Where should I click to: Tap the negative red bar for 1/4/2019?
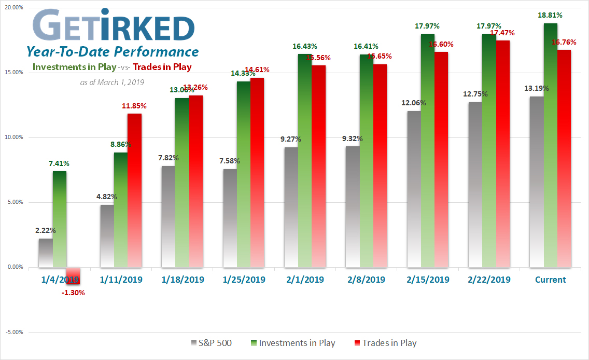[x=73, y=275]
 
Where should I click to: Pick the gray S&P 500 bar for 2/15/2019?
[x=414, y=189]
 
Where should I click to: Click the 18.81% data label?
[x=551, y=16]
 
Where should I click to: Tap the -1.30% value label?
[x=73, y=293]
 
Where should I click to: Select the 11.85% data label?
[x=134, y=106]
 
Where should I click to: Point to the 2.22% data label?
[x=46, y=230]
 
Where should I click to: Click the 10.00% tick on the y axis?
[x=15, y=137]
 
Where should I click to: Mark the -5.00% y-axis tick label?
[x=15, y=332]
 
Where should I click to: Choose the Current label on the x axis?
[x=550, y=280]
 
